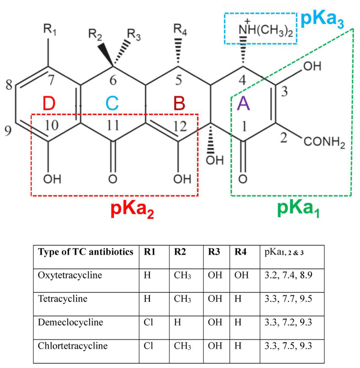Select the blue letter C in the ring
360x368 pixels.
pyautogui.click(x=113, y=103)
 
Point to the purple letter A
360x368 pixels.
pyautogui.click(x=243, y=104)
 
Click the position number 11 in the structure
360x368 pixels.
pyautogui.click(x=114, y=126)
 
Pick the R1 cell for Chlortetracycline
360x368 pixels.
pyautogui.click(x=146, y=346)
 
